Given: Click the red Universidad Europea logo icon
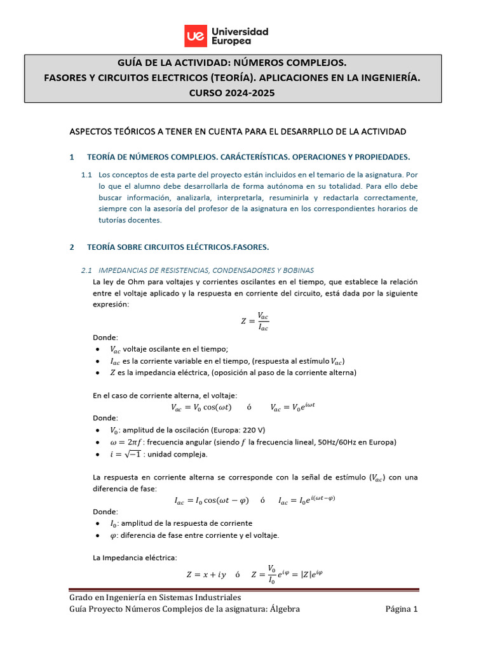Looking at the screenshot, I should pyautogui.click(x=195, y=36).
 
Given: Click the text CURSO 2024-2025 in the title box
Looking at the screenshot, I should pyautogui.click(x=233, y=93).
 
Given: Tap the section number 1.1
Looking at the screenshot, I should pyautogui.click(x=87, y=174).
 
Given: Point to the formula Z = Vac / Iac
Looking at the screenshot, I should pyautogui.click(x=255, y=321).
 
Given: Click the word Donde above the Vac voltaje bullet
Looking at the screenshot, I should pyautogui.click(x=105, y=337).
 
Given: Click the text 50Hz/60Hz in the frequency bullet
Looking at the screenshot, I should pyautogui.click(x=341, y=442).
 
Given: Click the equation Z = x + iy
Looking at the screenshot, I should pyautogui.click(x=205, y=574).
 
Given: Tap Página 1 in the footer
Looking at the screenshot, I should pyautogui.click(x=402, y=610).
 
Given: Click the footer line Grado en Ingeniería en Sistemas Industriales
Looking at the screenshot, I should pyautogui.click(x=155, y=598).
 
